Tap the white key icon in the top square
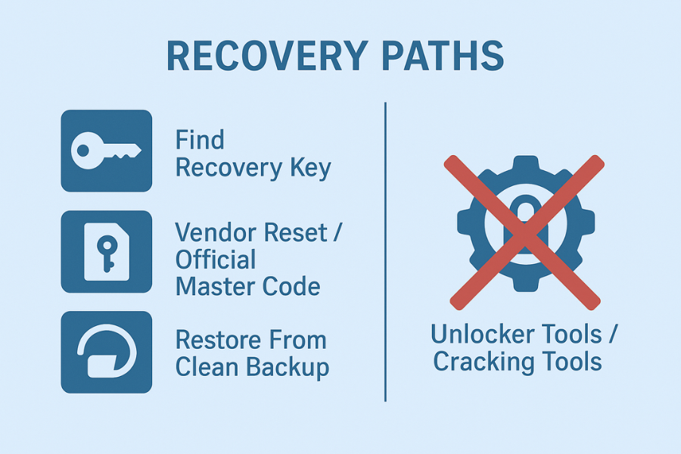105,150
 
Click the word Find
200,140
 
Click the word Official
216,260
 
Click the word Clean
207,368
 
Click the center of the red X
523,232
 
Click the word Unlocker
480,334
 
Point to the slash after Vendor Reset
337,232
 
